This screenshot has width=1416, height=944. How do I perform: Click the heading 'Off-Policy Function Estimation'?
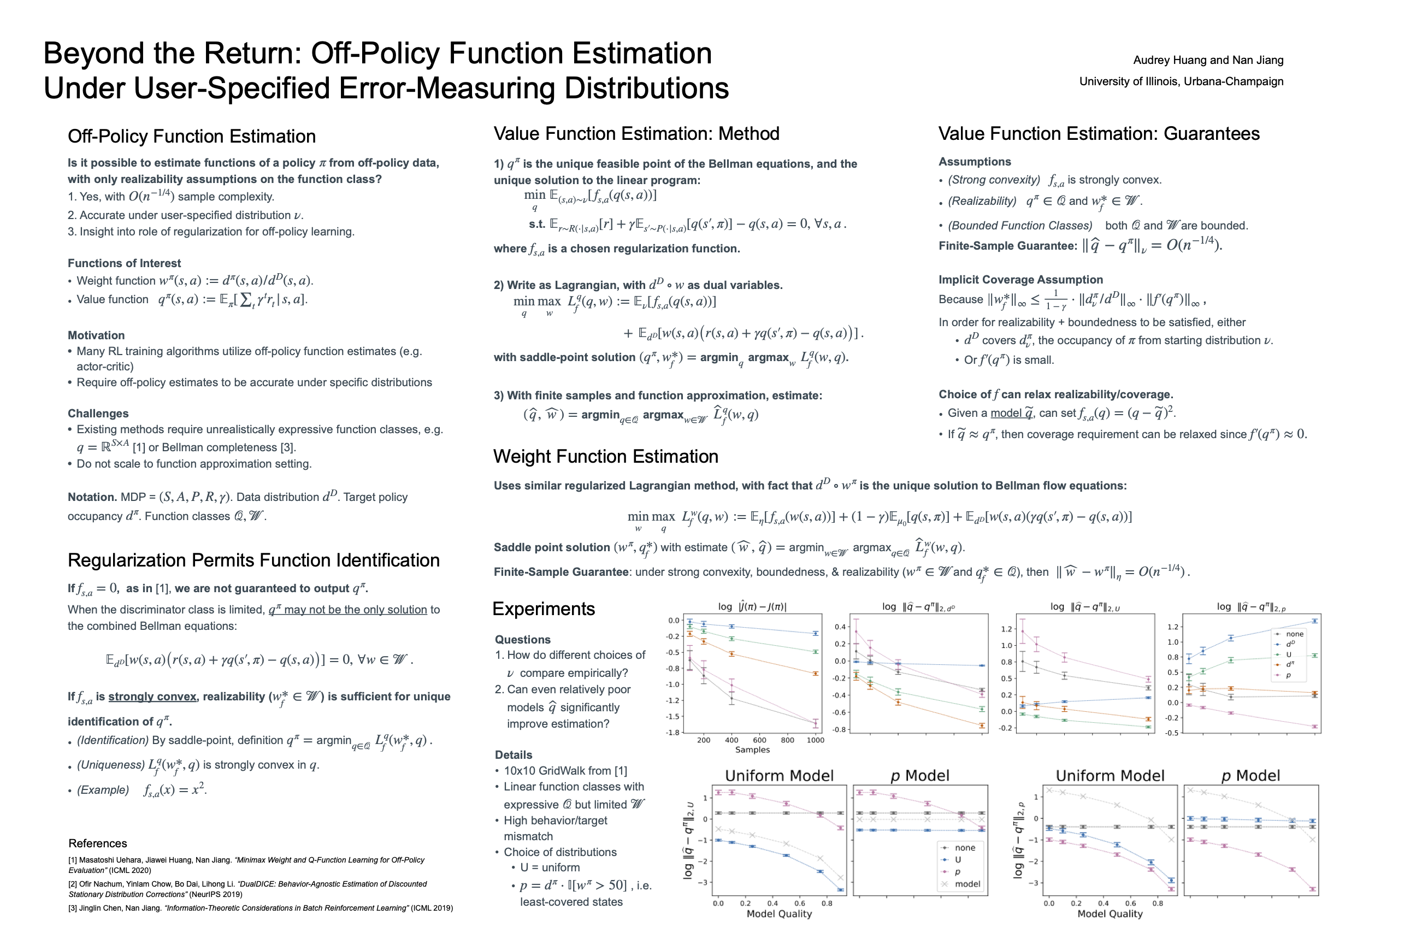pyautogui.click(x=191, y=137)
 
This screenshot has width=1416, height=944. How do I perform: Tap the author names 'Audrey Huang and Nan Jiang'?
pyautogui.click(x=1208, y=60)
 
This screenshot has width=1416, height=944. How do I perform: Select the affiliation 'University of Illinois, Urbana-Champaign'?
pyautogui.click(x=1181, y=82)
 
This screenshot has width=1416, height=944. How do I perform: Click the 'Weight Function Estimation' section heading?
pyautogui.click(x=605, y=457)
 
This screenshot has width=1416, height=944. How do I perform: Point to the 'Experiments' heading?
pyautogui.click(x=543, y=609)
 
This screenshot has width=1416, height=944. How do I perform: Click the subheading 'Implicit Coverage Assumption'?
pyautogui.click(x=1020, y=280)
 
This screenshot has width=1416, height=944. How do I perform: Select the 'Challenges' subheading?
pyautogui.click(x=98, y=414)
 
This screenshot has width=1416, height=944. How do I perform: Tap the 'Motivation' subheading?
pyautogui.click(x=96, y=335)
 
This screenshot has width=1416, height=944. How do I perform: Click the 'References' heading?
pyautogui.click(x=98, y=843)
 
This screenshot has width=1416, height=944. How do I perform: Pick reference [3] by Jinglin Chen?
pyautogui.click(x=260, y=908)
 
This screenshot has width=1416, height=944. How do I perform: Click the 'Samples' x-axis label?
pyautogui.click(x=752, y=750)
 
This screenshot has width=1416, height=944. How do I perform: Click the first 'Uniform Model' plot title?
pyautogui.click(x=779, y=776)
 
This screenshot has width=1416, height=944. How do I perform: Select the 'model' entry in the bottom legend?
pyautogui.click(x=967, y=884)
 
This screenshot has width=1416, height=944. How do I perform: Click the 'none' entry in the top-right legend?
pyautogui.click(x=1294, y=634)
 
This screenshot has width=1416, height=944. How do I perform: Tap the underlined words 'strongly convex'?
pyautogui.click(x=152, y=697)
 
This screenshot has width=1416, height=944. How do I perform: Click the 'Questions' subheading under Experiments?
pyautogui.click(x=523, y=640)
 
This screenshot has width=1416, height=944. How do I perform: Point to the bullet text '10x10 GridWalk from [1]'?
pyautogui.click(x=565, y=771)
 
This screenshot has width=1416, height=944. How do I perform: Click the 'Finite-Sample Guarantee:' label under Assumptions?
pyautogui.click(x=1007, y=246)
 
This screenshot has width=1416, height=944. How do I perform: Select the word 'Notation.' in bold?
pyautogui.click(x=92, y=497)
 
